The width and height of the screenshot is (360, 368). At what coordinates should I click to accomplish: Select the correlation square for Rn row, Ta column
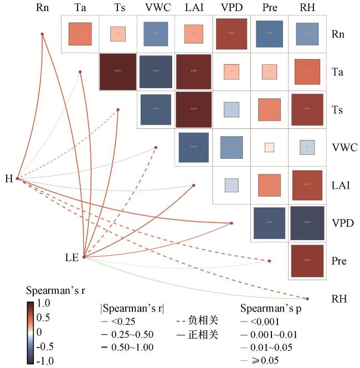(80, 34)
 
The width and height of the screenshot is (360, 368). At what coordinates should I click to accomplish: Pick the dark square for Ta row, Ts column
(117, 71)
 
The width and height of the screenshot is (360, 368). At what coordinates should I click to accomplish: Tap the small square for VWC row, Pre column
(269, 147)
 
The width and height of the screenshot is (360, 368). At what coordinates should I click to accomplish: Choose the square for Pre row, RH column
(307, 260)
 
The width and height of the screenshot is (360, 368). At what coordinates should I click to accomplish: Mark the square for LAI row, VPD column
(232, 185)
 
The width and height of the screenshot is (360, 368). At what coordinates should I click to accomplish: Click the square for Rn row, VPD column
(232, 34)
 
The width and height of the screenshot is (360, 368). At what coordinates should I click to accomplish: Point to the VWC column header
(156, 8)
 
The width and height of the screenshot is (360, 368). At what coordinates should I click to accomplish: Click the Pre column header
(269, 8)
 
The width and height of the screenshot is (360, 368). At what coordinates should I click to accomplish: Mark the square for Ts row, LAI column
(193, 109)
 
